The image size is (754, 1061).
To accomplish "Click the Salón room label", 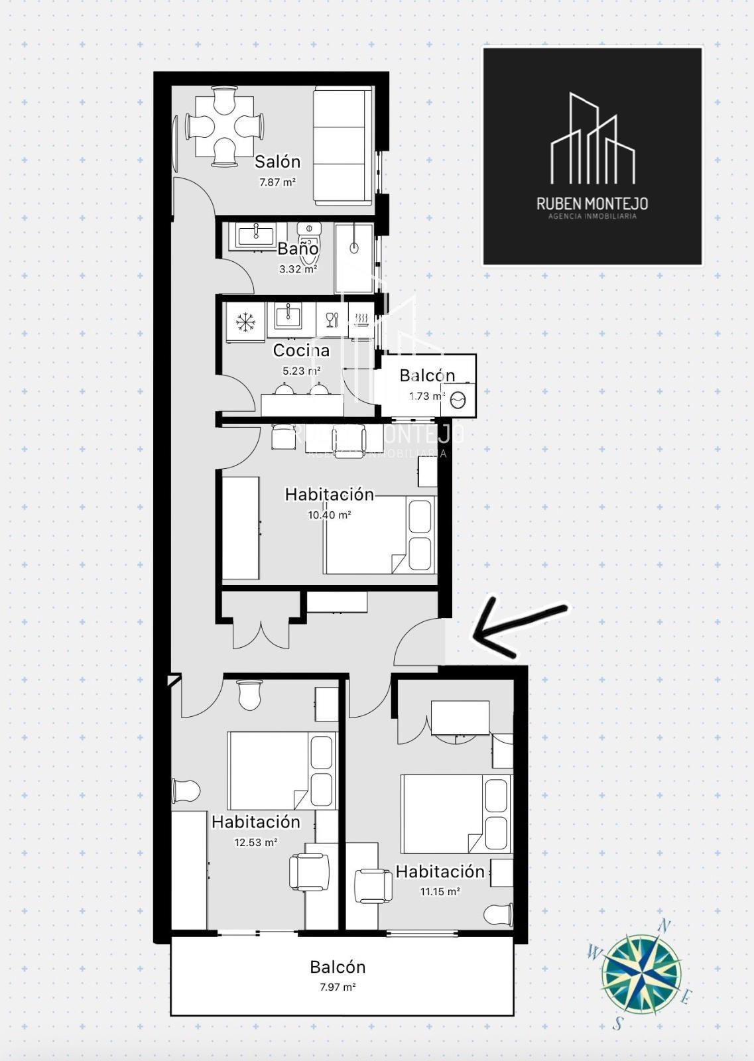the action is [x=278, y=162].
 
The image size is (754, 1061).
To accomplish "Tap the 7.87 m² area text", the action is [x=277, y=182].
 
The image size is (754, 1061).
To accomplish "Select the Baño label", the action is [x=298, y=248].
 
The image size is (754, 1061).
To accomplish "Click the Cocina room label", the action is [x=301, y=351].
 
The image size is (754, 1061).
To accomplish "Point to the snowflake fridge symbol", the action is [x=245, y=322].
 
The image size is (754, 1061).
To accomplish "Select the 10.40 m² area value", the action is [x=329, y=515].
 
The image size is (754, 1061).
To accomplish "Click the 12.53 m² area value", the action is [x=256, y=843].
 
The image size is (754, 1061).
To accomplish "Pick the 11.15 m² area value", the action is [x=440, y=891].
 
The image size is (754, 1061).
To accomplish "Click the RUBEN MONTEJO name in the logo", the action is [x=592, y=204].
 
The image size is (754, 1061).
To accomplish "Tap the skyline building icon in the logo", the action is [x=592, y=139].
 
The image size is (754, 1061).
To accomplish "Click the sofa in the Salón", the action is [x=343, y=146].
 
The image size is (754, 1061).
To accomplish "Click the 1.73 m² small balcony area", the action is [x=427, y=397].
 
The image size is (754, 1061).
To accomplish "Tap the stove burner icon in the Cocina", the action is [x=362, y=320].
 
